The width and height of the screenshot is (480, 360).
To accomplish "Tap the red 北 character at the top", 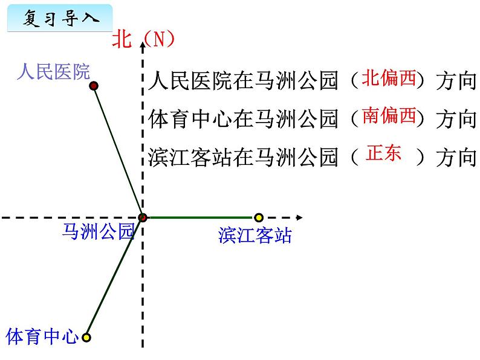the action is point(122,40).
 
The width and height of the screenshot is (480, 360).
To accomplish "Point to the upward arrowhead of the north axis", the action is point(143,41).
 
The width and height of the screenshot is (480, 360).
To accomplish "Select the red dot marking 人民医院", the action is point(94,86).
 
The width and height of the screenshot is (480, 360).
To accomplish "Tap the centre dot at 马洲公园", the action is point(143,217).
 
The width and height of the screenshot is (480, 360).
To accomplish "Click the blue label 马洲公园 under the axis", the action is point(98,231).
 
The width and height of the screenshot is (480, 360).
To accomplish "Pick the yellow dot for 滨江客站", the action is point(259,217).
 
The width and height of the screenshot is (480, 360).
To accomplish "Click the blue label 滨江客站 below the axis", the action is point(255,236).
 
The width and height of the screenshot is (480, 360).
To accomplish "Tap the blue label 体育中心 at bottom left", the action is point(42,336).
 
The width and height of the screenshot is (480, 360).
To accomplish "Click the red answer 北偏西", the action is point(389,78).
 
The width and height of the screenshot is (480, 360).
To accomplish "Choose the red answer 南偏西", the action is point(389,115).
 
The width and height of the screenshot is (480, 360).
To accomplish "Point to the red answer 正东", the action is point(384,153).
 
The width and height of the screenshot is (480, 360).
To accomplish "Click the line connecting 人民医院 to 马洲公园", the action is point(118,152).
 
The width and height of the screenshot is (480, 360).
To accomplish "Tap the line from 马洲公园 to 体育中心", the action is point(115,277).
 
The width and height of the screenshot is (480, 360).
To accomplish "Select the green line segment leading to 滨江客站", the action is point(199,217).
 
